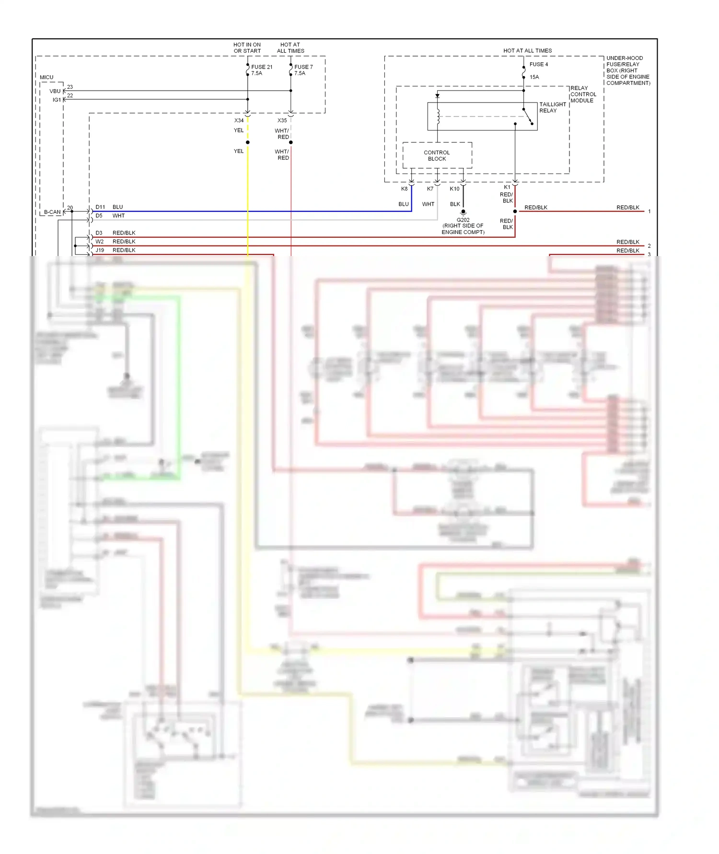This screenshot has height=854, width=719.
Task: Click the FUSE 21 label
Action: pyautogui.click(x=262, y=67)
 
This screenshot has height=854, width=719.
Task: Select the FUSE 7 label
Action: pyautogui.click(x=303, y=67)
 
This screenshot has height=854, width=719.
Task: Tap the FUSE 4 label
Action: pyautogui.click(x=538, y=64)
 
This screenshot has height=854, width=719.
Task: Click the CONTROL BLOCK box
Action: pyautogui.click(x=437, y=155)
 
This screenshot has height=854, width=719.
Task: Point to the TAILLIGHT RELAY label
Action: pyautogui.click(x=552, y=107)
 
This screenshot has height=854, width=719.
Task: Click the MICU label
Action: pyautogui.click(x=46, y=77)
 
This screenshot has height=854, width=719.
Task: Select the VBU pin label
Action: pyautogui.click(x=55, y=91)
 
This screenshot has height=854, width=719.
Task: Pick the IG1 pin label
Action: pyautogui.click(x=57, y=100)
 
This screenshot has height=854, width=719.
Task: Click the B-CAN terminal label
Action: pyautogui.click(x=52, y=212)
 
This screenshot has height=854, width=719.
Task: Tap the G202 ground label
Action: pyautogui.click(x=463, y=220)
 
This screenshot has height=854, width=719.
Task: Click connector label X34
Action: pyautogui.click(x=239, y=120)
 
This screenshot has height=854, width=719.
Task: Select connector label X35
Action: pyautogui.click(x=282, y=120)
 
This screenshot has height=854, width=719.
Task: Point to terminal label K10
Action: pyautogui.click(x=454, y=189)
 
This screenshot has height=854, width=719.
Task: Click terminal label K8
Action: pyautogui.click(x=404, y=189)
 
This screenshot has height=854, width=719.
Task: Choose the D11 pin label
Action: pyautogui.click(x=100, y=207)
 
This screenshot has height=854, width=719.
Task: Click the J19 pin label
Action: pyautogui.click(x=100, y=250)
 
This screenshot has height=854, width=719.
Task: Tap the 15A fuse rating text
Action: pyautogui.click(x=534, y=77)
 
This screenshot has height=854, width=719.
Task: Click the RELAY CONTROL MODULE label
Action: pyautogui.click(x=583, y=94)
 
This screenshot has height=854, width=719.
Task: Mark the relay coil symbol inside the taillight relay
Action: pyautogui.click(x=438, y=117)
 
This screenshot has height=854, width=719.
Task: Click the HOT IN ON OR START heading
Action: pyautogui.click(x=247, y=47)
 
